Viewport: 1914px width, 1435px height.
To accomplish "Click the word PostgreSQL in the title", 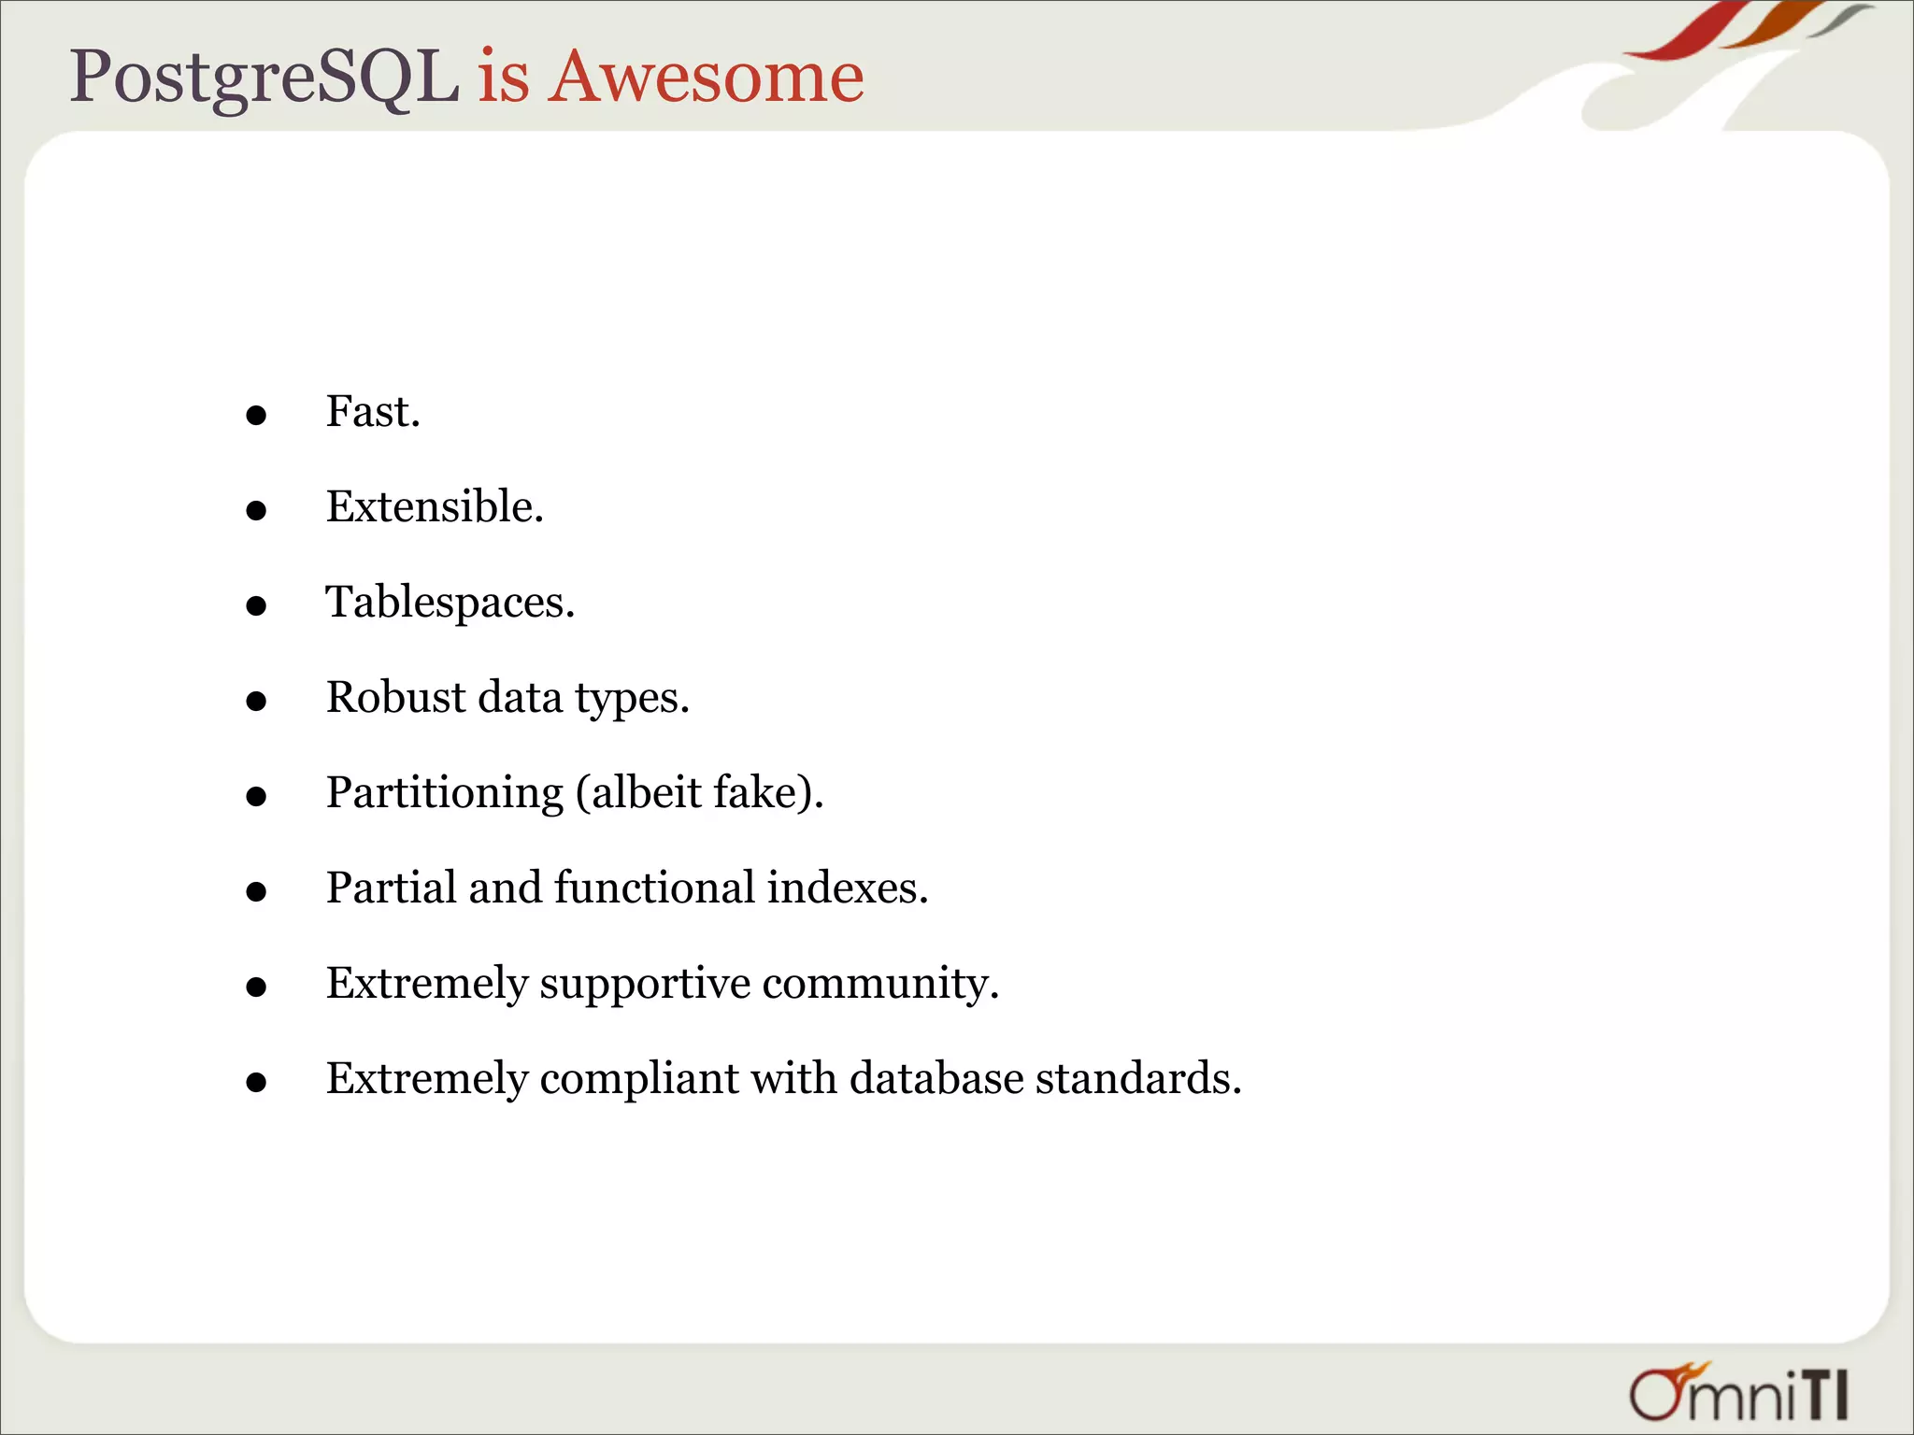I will coord(264,77).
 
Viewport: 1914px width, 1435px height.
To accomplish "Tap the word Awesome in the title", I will coord(706,77).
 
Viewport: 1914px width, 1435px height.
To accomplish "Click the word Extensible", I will coord(433,506).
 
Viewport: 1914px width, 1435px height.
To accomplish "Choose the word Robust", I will coord(395,697).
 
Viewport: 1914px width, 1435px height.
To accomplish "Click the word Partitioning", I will coord(445,792).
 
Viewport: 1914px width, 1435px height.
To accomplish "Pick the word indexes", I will coord(847,888).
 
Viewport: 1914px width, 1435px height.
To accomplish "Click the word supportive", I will coord(645,983).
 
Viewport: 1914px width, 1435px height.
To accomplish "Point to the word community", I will coord(879,983).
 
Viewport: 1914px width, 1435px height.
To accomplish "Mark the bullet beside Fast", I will coord(256,416).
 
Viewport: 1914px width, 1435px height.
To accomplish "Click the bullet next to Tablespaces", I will coord(256,606).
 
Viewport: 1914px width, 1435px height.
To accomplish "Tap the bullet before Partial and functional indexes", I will coord(256,892).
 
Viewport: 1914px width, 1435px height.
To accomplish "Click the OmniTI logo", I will coord(1739,1393).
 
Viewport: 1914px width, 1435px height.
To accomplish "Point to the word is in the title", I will coord(504,77).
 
